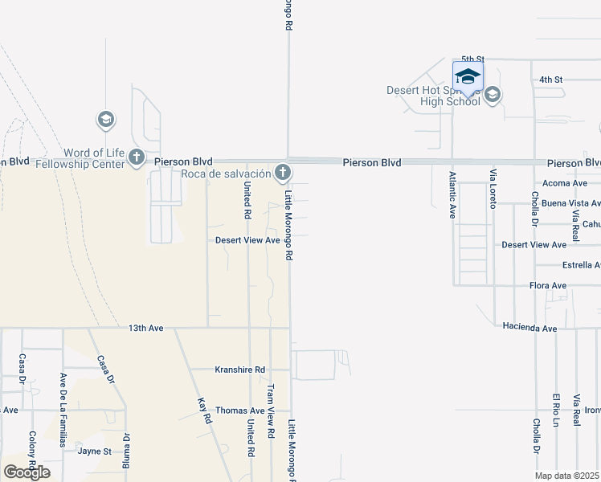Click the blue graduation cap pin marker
[x=468, y=78]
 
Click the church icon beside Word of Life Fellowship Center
[x=137, y=157]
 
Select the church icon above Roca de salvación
[x=282, y=171]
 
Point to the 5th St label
[x=473, y=59]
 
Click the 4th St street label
[x=550, y=80]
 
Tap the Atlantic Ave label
[x=452, y=195]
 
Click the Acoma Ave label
[x=566, y=183]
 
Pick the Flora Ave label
[x=548, y=285]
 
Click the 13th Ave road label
[x=145, y=328]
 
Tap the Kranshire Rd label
[x=239, y=370]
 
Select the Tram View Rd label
[x=271, y=411]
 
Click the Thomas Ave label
[x=239, y=411]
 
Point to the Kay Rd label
[x=203, y=411]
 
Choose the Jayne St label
[x=94, y=451]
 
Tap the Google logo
[x=27, y=472]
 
